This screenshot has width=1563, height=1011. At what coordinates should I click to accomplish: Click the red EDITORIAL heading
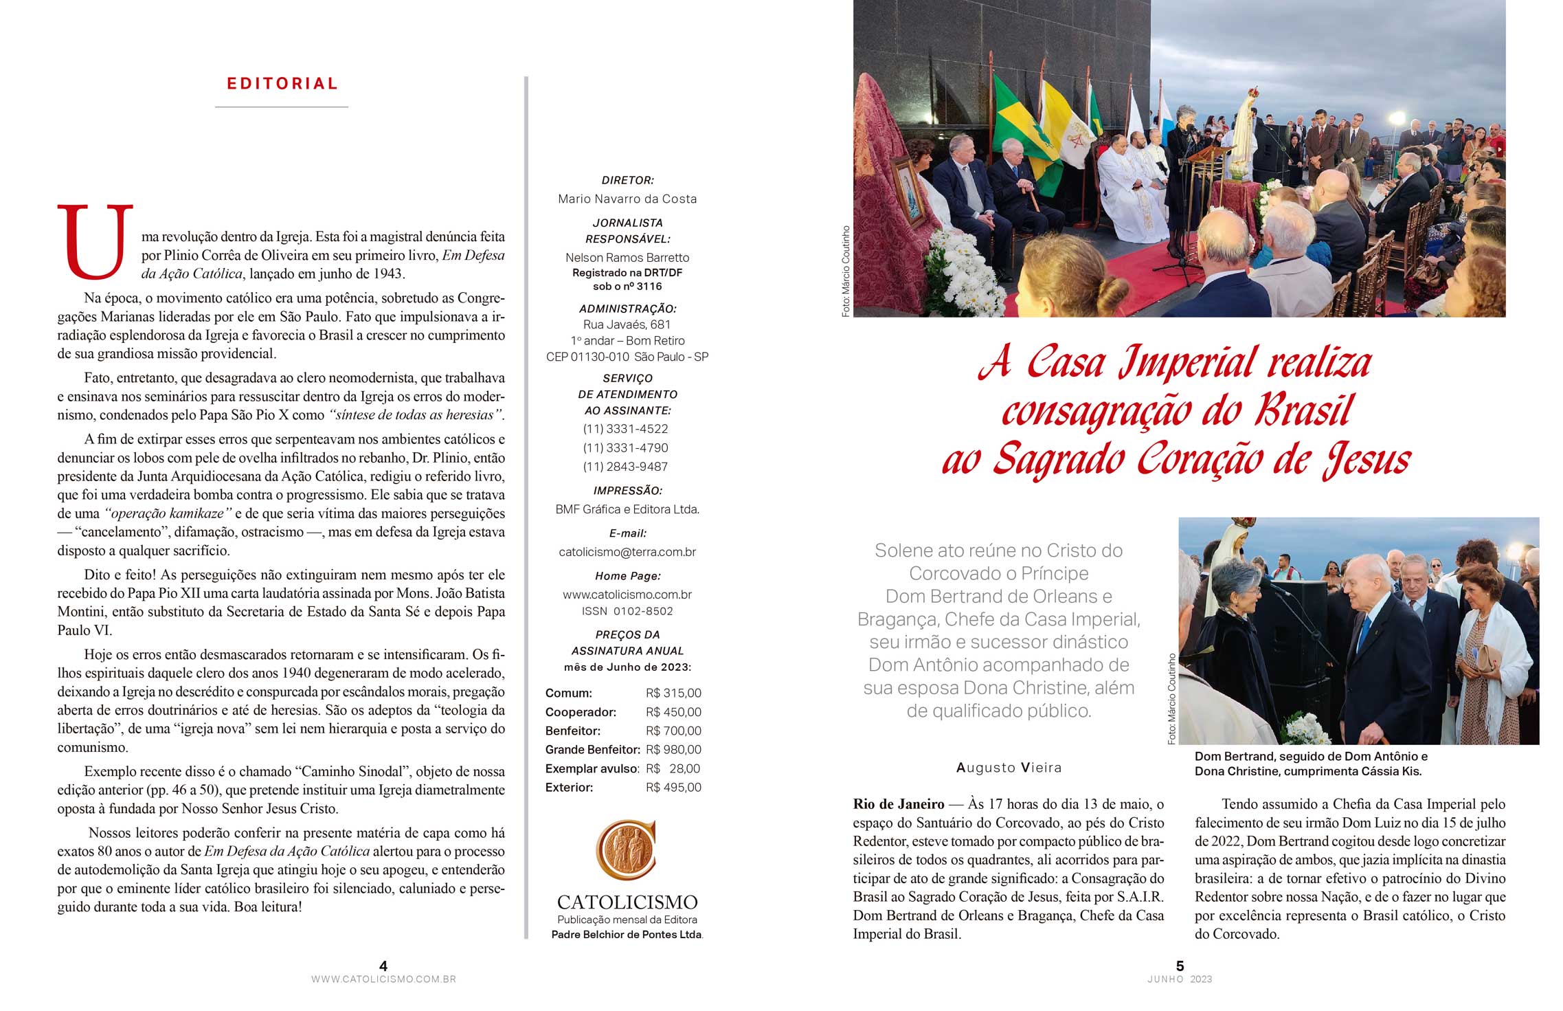pyautogui.click(x=282, y=84)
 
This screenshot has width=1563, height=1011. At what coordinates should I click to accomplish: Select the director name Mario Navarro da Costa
pyautogui.click(x=627, y=199)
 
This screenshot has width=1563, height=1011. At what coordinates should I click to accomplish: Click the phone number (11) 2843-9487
pyautogui.click(x=625, y=467)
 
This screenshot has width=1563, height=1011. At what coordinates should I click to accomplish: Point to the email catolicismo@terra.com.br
pyautogui.click(x=627, y=552)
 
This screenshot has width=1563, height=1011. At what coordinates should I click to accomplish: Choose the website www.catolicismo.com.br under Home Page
pyautogui.click(x=627, y=595)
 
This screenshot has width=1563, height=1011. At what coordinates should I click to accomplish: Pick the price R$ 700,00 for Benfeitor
pyautogui.click(x=673, y=731)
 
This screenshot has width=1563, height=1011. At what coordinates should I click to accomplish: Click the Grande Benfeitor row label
pyautogui.click(x=592, y=750)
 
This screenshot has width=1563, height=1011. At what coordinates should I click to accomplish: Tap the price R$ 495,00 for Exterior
pyautogui.click(x=673, y=788)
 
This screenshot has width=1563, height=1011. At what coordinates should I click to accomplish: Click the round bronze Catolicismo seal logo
pyautogui.click(x=625, y=849)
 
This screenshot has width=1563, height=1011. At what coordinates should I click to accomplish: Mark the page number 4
pyautogui.click(x=383, y=966)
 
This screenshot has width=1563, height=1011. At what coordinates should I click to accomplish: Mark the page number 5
pyautogui.click(x=1180, y=966)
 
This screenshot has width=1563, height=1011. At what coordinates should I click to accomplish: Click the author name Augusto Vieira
pyautogui.click(x=1009, y=768)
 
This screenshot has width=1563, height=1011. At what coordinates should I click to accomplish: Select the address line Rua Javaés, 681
pyautogui.click(x=627, y=324)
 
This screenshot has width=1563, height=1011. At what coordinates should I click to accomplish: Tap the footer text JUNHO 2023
pyautogui.click(x=1180, y=979)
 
